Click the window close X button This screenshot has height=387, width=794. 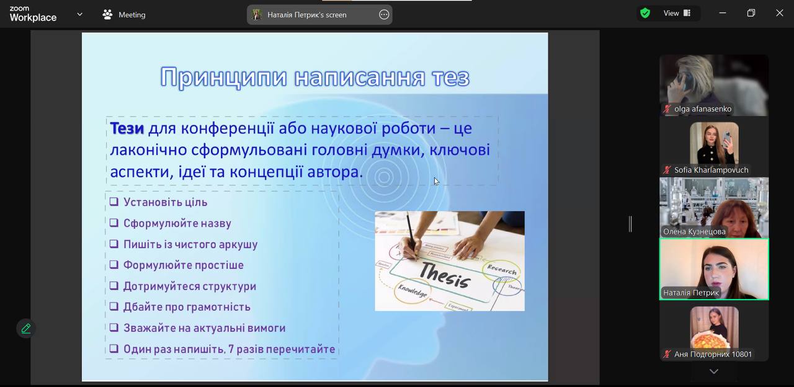coord(780,13)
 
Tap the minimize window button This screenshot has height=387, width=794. coord(723,13)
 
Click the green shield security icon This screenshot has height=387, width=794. coord(645,13)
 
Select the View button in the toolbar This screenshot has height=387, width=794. coord(677,13)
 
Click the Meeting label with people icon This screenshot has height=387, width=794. coord(124,14)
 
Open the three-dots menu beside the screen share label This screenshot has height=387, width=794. coord(384,14)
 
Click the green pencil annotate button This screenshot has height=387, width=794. coord(26,329)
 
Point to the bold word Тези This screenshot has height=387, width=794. coord(127,128)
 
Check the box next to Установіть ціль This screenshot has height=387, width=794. coord(114,202)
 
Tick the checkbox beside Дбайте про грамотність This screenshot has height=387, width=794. coord(114,306)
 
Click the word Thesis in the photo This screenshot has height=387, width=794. coord(445,275)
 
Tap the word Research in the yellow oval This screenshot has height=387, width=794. coord(502,270)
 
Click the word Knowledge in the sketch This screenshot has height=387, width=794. coord(413,291)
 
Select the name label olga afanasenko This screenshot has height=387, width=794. coord(703,109)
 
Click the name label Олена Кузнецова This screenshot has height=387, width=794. coord(694,231)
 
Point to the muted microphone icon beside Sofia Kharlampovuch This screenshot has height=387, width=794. coord(667,170)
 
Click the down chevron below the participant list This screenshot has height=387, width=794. coord(714,371)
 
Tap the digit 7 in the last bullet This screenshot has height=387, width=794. coord(231,349)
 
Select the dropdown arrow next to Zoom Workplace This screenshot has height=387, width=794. coord(80,14)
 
